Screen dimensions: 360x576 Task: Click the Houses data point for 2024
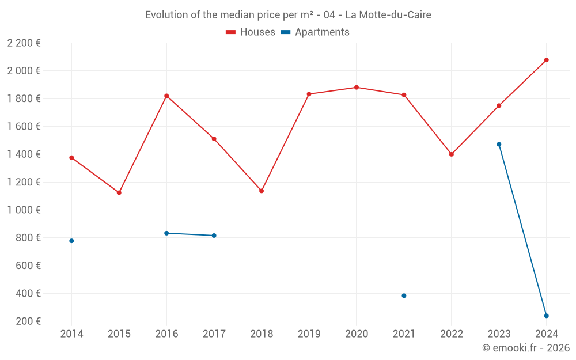click(546, 60)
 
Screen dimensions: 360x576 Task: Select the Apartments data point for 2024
click(546, 316)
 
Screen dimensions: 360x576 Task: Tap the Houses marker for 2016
click(166, 96)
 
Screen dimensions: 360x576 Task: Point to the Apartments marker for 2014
click(71, 241)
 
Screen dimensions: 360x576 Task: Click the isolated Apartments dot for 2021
click(404, 295)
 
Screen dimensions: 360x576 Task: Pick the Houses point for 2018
click(262, 191)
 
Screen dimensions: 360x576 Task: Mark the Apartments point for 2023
click(499, 144)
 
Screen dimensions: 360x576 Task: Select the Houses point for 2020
click(357, 88)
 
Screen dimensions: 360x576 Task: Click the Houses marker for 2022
click(452, 154)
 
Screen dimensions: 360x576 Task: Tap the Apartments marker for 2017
click(214, 236)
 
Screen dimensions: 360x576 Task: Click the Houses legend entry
click(251, 32)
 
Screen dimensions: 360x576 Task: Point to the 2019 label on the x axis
click(309, 334)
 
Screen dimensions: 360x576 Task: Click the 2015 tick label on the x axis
click(119, 334)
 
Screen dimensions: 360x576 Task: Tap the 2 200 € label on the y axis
click(24, 43)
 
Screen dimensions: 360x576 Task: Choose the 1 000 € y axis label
click(24, 210)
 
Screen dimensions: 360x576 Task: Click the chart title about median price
click(288, 15)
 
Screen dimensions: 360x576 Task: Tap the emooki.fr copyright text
click(525, 348)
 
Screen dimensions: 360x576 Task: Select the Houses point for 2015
click(119, 192)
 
